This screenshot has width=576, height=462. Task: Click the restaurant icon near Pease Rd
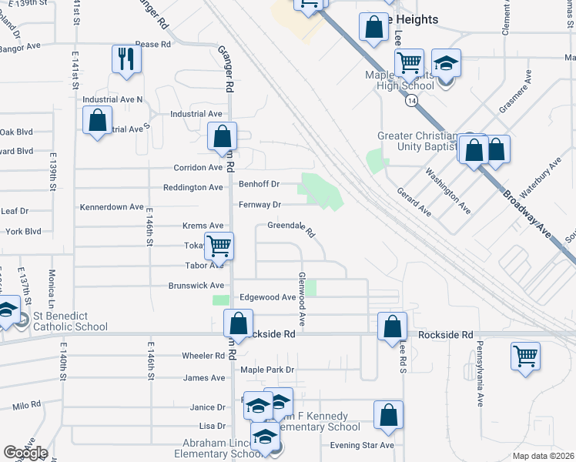(x=126, y=59)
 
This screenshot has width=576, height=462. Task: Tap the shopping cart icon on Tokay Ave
(x=219, y=246)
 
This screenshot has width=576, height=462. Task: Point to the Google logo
(x=25, y=453)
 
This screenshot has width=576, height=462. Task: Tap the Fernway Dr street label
(x=260, y=205)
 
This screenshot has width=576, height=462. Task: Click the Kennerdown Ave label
(x=112, y=207)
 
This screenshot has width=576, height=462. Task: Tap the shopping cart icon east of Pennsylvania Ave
(x=526, y=357)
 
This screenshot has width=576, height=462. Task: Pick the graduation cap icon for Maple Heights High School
(x=446, y=63)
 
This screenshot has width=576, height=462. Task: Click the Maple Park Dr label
(x=268, y=370)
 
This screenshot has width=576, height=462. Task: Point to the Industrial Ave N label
(x=112, y=99)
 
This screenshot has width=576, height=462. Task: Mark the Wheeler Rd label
(x=203, y=356)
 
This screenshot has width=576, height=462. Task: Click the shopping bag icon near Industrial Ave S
(x=97, y=121)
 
